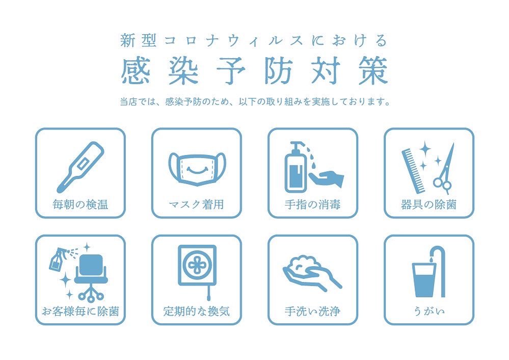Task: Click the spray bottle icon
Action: (x=56, y=260)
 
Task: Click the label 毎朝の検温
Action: (x=80, y=205)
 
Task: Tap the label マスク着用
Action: (x=196, y=205)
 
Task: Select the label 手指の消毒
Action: (x=312, y=205)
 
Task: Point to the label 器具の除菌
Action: (x=428, y=205)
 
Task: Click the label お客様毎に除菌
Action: (x=80, y=311)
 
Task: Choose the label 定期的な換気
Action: (x=196, y=311)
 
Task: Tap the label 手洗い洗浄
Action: (x=312, y=311)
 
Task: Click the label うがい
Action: (x=428, y=311)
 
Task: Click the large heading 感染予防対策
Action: (x=254, y=70)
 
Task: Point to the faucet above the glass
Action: (x=437, y=255)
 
